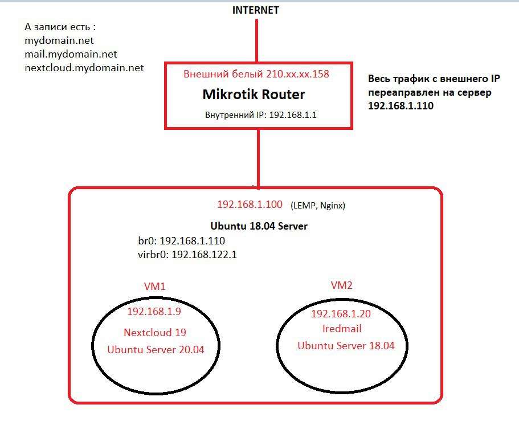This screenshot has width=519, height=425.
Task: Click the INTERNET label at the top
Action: (x=256, y=10)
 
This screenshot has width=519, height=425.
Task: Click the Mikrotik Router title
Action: (x=254, y=95)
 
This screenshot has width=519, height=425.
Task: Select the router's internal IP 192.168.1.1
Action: (x=293, y=115)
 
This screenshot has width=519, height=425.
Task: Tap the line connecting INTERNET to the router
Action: (x=256, y=40)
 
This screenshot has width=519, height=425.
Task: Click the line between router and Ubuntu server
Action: (x=259, y=158)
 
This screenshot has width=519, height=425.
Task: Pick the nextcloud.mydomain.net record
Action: (x=84, y=68)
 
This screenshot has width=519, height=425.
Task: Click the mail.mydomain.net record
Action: (x=71, y=54)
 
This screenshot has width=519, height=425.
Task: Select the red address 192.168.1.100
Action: (x=250, y=204)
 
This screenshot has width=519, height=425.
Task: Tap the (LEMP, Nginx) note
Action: (x=318, y=206)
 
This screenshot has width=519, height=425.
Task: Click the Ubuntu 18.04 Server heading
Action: (x=259, y=226)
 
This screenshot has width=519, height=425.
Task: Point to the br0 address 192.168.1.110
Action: (x=193, y=240)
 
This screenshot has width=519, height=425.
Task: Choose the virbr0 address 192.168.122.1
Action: (x=204, y=254)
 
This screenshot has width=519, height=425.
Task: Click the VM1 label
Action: (x=154, y=287)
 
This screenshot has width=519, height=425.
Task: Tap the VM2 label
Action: (x=342, y=285)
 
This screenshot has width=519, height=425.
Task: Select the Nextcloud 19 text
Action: (x=155, y=332)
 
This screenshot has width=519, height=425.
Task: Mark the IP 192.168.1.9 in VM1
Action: (x=154, y=311)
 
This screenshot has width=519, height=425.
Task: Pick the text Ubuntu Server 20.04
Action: (x=156, y=350)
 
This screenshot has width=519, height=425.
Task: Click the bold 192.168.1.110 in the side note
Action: (x=401, y=105)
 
